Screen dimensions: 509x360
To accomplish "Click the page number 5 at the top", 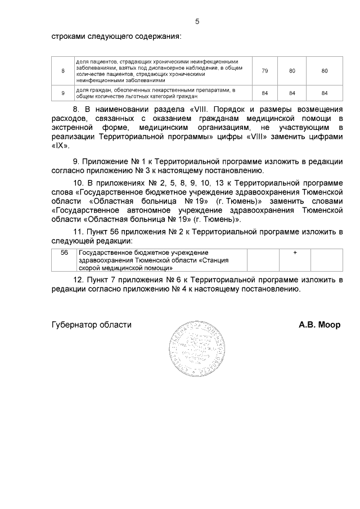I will (197, 21).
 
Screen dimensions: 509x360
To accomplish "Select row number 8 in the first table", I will (63, 71).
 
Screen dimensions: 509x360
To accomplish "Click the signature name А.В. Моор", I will (319, 325).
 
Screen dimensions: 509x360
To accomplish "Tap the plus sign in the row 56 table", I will (295, 253).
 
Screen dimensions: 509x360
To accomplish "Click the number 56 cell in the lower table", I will (64, 253).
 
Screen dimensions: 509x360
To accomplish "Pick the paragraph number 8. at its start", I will (78, 108).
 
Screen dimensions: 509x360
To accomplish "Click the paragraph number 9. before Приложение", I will (78, 161).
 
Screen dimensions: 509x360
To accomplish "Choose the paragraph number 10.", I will (79, 183).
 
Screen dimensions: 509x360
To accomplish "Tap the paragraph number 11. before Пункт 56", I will (79, 231).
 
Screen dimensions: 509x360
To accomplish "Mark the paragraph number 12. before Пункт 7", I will (79, 280).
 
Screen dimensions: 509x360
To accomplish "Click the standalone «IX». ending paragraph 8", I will (60, 145).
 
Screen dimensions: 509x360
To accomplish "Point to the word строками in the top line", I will (67, 37).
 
